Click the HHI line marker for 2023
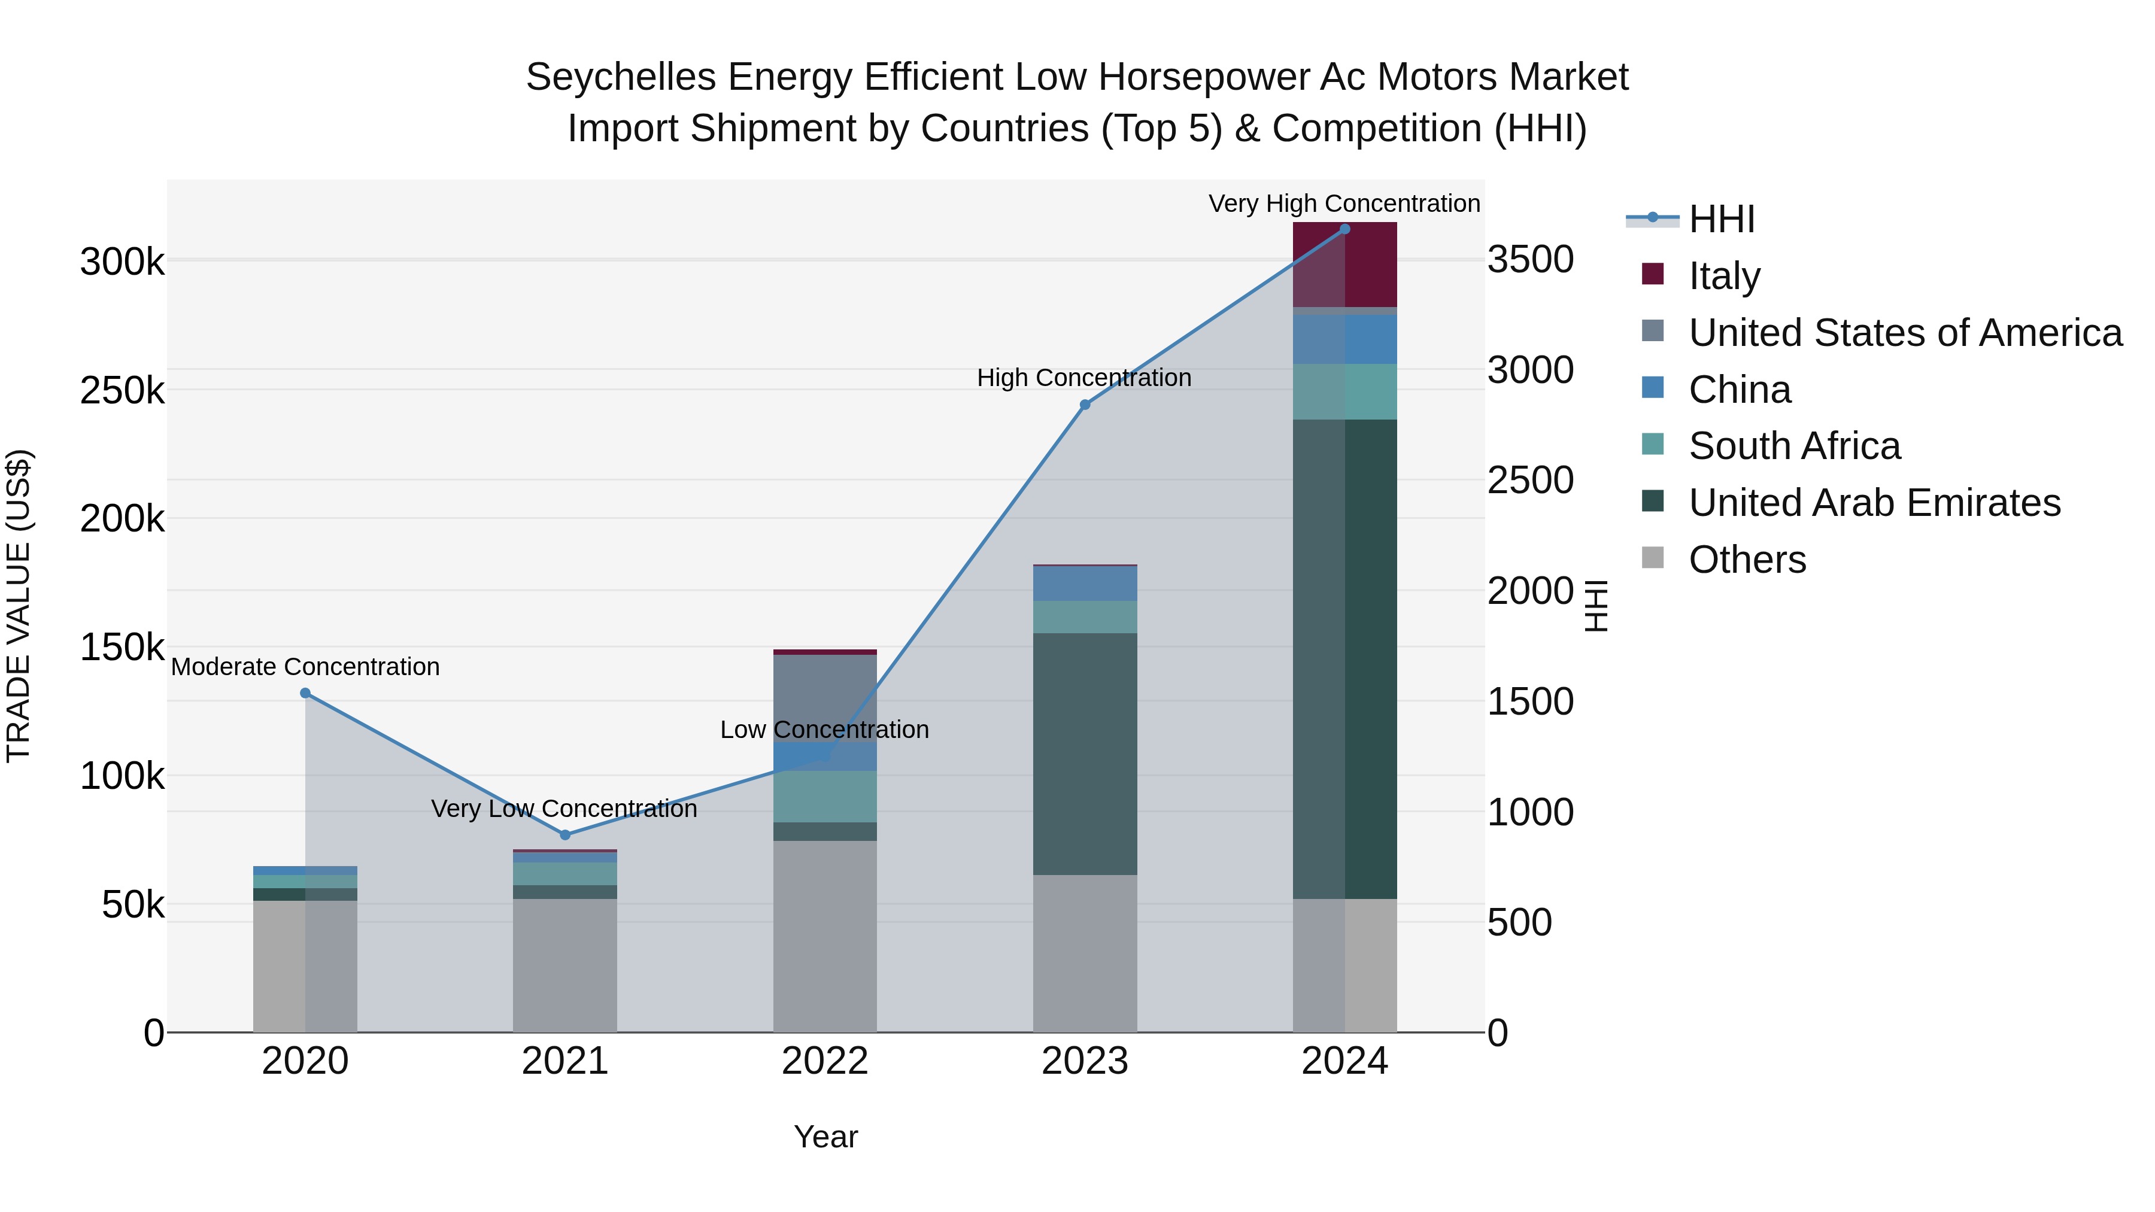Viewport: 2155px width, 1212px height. pyautogui.click(x=1085, y=405)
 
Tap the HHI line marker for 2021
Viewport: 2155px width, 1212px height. pyautogui.click(x=564, y=835)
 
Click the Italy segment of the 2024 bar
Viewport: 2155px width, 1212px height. pyautogui.click(x=1345, y=265)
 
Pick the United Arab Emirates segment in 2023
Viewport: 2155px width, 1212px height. pyautogui.click(x=1085, y=753)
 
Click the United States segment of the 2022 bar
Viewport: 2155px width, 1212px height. pyautogui.click(x=825, y=698)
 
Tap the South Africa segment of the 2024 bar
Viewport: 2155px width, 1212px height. pyautogui.click(x=1345, y=391)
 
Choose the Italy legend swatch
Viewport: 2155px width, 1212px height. pyautogui.click(x=1653, y=274)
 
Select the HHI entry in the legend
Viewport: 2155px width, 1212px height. pyautogui.click(x=1721, y=219)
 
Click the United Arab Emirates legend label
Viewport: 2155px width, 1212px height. pyautogui.click(x=1874, y=503)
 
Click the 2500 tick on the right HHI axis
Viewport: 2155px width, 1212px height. pyautogui.click(x=1530, y=481)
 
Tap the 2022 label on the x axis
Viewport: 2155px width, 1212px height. pyautogui.click(x=825, y=1061)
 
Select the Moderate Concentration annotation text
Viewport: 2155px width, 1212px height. pyautogui.click(x=305, y=667)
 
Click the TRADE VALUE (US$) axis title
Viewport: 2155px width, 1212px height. pyautogui.click(x=19, y=606)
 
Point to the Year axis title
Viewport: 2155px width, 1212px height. pyautogui.click(x=825, y=1137)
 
